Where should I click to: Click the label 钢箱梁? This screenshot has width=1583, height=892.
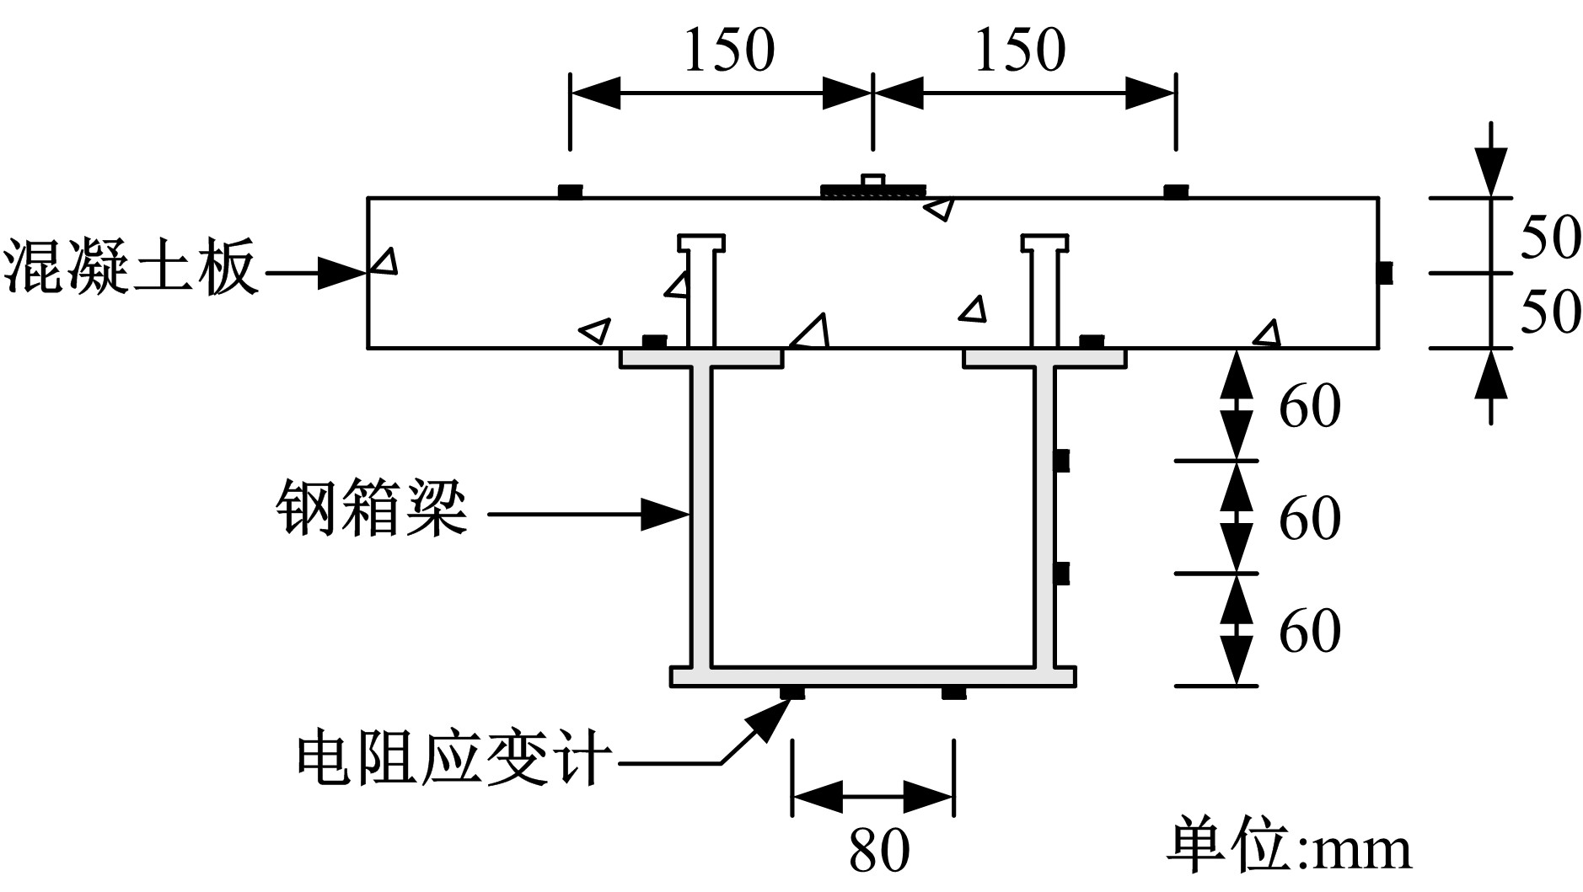click(372, 510)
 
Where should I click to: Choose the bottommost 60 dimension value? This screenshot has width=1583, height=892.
click(1310, 630)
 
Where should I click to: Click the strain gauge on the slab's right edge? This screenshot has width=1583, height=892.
click(1385, 273)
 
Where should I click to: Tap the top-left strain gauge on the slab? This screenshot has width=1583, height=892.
click(571, 191)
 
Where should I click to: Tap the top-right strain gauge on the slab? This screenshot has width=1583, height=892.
click(1176, 191)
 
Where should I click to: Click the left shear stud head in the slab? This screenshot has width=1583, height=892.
click(701, 243)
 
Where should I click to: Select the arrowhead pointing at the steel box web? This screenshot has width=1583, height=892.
click(666, 514)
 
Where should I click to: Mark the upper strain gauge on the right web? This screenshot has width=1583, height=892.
click(1062, 461)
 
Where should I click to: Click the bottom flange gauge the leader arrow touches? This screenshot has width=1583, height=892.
click(791, 692)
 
